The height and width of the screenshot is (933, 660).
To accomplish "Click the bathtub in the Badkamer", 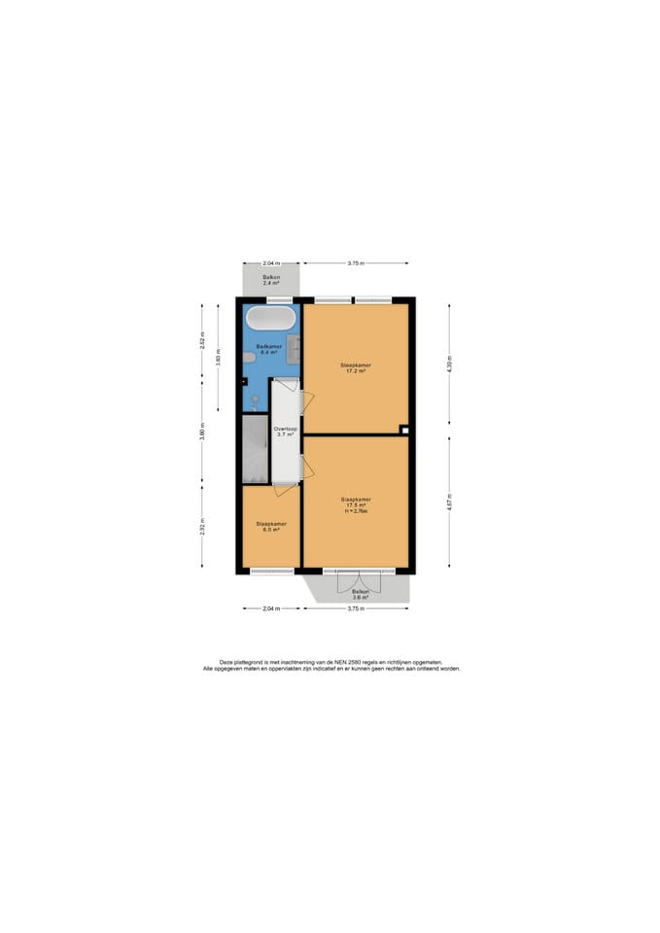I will coord(270,319).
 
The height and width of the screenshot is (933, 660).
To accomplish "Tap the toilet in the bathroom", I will coord(249,358).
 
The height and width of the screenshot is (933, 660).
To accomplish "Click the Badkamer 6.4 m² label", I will coord(268,348).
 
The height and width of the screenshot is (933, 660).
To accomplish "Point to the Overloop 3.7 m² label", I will coord(285,432).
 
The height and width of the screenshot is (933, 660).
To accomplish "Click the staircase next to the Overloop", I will coord(255,448).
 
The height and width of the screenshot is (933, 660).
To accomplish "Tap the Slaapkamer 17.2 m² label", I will coord(355,368).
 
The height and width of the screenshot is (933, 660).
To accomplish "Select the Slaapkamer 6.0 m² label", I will coord(271,526).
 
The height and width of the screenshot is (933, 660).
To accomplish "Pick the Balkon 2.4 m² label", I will coord(271,280).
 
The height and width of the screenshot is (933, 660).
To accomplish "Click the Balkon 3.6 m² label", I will coord(361,594).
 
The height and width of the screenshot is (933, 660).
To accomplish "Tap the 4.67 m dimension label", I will coord(449,502).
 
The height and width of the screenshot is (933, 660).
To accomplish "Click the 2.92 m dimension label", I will coord(202,527).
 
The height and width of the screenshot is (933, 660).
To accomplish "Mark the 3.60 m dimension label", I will coord(202,432).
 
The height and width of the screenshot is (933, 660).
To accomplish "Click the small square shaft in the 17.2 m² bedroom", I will coord(404,430).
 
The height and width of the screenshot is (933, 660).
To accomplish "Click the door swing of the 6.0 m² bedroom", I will coord(282,489).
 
